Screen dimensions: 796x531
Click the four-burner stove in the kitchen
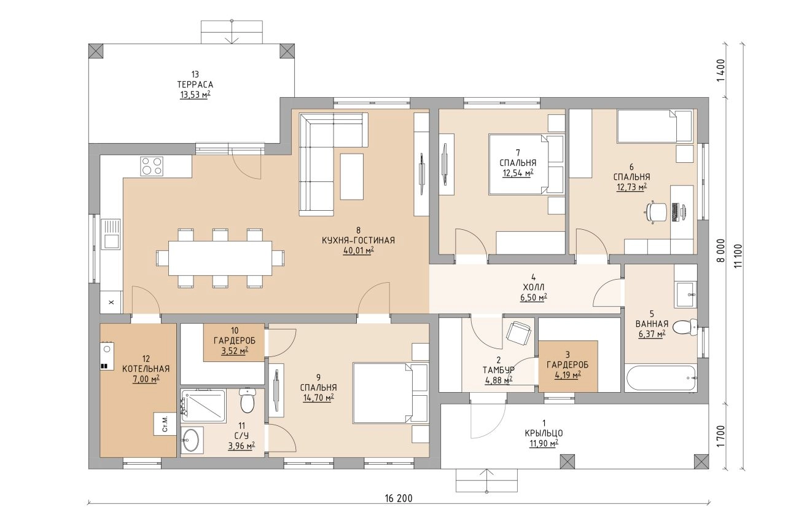coord(152,166)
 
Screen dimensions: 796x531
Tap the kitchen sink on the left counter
coord(111,234)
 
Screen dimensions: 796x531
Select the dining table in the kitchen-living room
coord(220,258)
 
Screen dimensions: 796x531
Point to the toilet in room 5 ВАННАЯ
coord(685,327)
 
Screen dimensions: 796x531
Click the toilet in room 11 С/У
coord(247,400)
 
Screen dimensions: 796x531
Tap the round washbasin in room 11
coord(192,440)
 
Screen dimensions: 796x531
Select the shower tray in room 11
coord(203,406)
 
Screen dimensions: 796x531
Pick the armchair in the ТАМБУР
coord(518,333)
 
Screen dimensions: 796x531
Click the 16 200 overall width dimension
coord(399,498)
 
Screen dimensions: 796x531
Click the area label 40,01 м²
coord(358,251)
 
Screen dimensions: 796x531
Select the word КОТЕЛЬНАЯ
coord(146,369)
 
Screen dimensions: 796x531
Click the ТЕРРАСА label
coord(195,85)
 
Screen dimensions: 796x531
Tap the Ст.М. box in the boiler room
coord(165,423)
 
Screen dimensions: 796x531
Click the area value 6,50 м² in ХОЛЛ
coord(533,297)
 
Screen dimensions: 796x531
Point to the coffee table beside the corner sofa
coord(352,176)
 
